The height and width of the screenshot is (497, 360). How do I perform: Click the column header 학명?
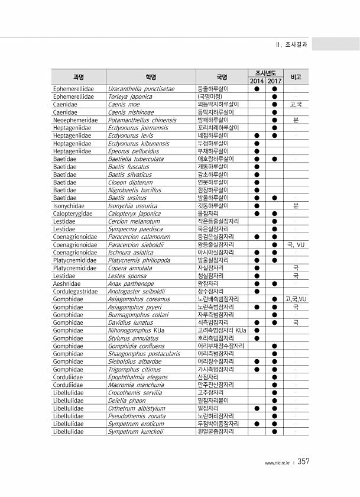click(x=151, y=76)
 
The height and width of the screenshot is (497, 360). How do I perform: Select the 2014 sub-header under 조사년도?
click(x=257, y=80)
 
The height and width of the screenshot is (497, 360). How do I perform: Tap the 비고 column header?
click(x=296, y=76)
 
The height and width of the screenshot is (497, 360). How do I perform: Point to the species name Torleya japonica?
click(x=130, y=96)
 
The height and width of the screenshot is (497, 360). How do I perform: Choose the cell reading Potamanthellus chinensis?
click(x=142, y=120)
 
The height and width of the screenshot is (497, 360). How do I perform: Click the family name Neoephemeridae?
click(x=75, y=120)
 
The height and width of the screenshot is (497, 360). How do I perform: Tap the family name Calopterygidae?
click(x=73, y=213)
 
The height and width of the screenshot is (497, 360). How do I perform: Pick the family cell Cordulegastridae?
click(x=76, y=291)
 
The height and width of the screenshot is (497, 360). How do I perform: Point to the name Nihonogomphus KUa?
click(x=137, y=330)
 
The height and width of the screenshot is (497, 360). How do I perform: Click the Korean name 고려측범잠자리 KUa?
click(x=222, y=330)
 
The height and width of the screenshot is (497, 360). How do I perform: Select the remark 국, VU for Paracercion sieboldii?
click(x=296, y=244)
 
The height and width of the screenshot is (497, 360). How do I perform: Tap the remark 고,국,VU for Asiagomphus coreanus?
click(x=296, y=299)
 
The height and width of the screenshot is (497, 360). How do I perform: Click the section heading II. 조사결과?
click(x=291, y=44)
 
